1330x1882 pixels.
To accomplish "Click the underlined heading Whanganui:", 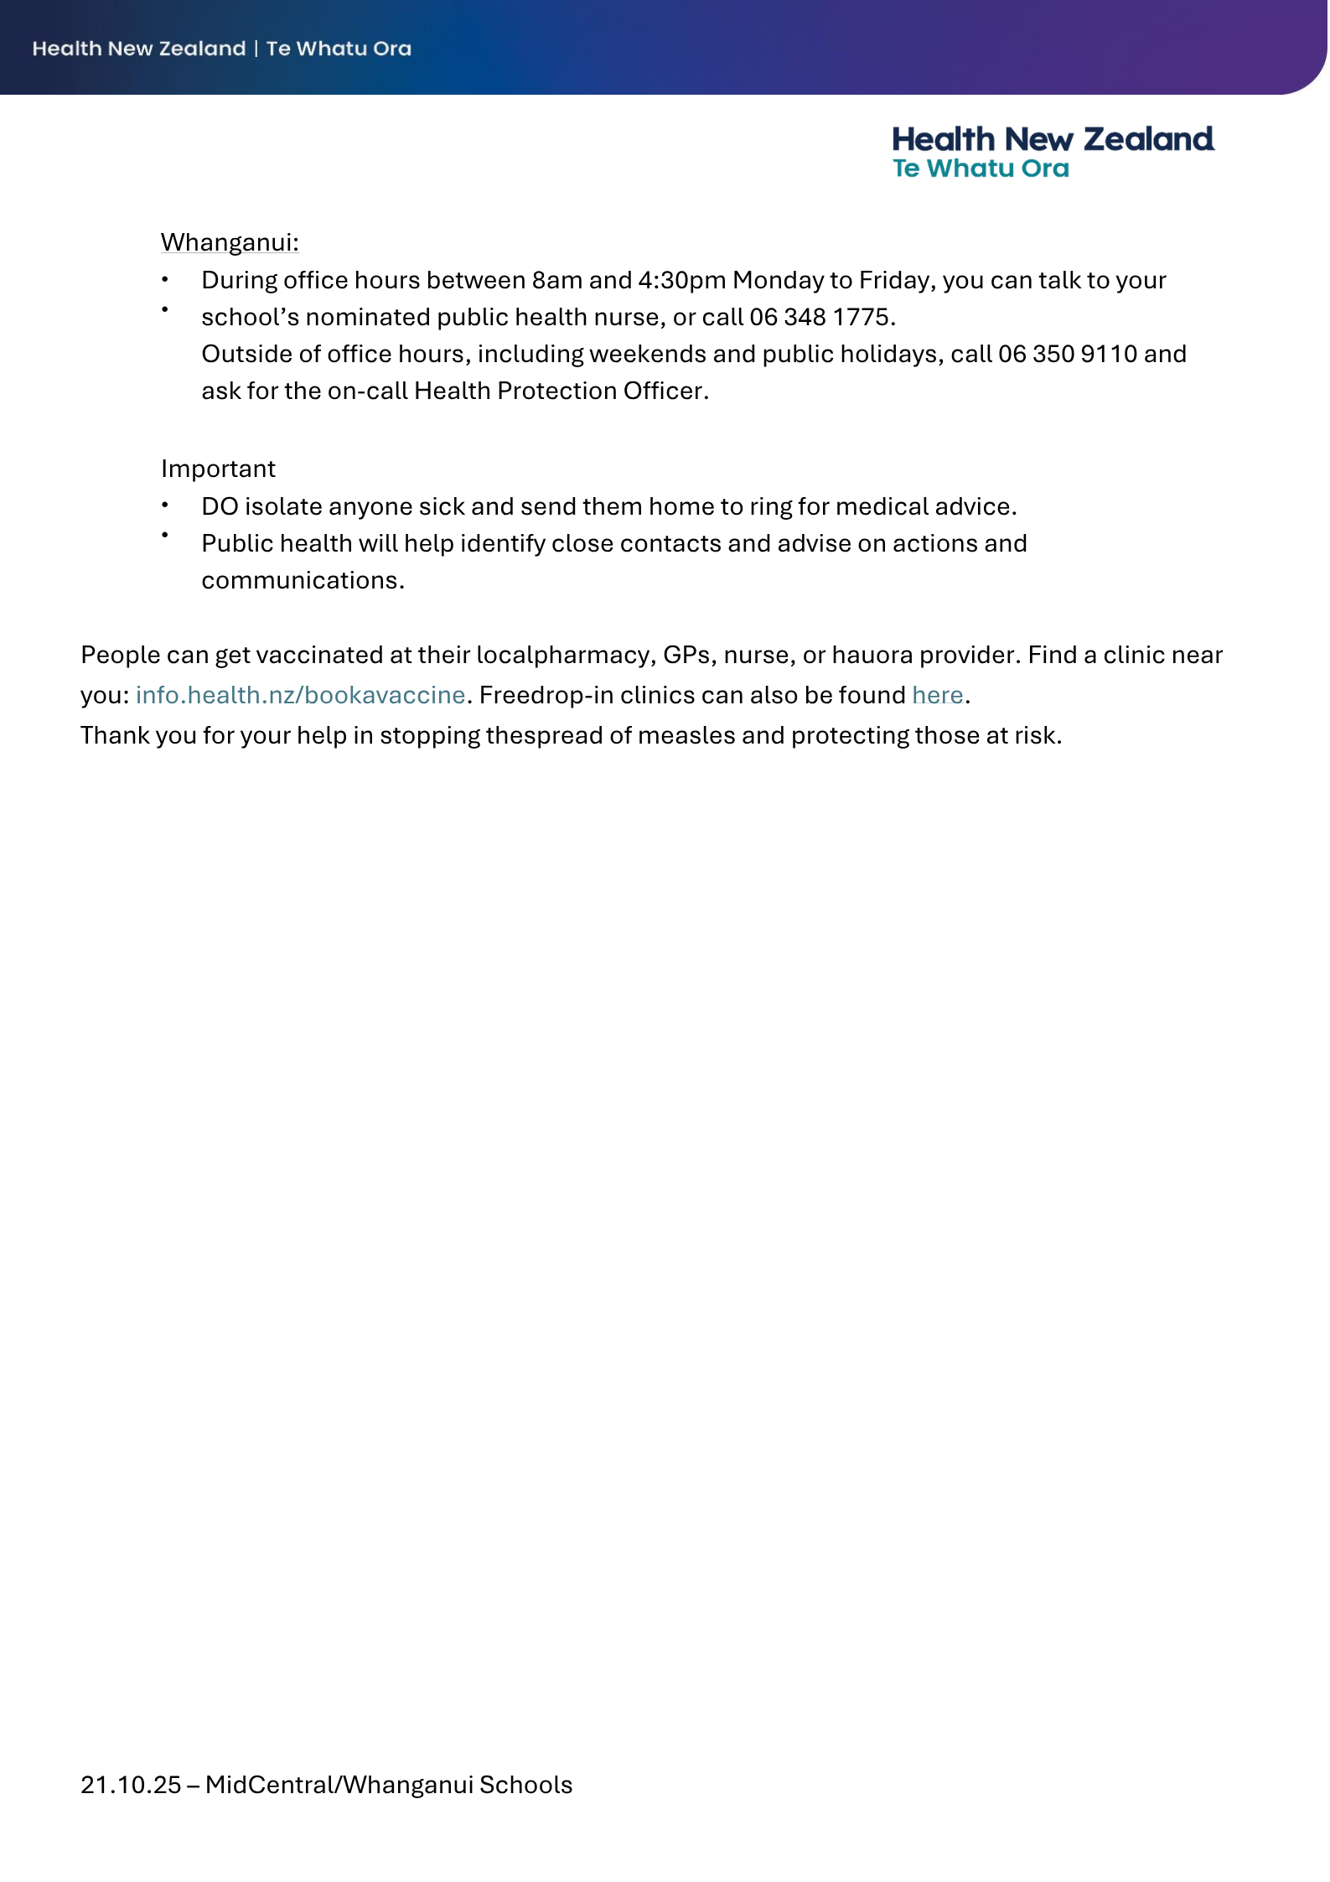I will (x=230, y=242).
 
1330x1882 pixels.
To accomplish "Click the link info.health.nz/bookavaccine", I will (x=300, y=695).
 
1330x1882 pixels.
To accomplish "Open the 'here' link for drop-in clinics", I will (x=937, y=695).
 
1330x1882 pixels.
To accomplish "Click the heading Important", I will (x=218, y=469).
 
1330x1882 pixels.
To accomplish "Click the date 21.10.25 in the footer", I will (x=131, y=1785).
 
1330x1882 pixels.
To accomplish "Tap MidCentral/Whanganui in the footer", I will (x=339, y=1785).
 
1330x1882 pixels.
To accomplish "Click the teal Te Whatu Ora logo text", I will (x=981, y=168).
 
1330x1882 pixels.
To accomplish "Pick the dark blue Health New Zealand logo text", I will (x=1053, y=139).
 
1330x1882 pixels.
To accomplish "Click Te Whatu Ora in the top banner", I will (x=339, y=49).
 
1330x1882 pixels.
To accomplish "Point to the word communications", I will (x=303, y=580).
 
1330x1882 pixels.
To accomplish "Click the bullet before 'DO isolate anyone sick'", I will (x=166, y=505).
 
